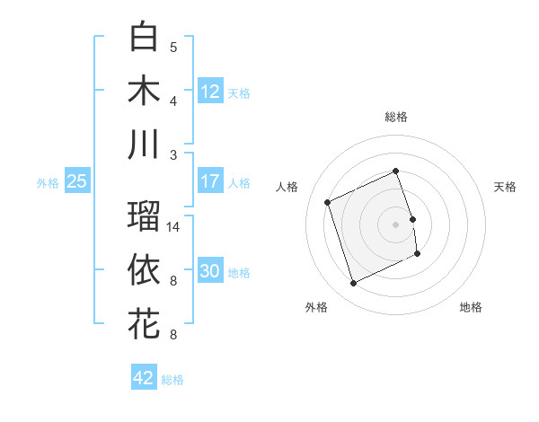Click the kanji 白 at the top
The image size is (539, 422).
coord(144,37)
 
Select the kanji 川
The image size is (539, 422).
coord(144,145)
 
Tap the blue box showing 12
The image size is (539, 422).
coord(210,91)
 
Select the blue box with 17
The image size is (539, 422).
coord(210,181)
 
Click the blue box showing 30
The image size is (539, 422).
coord(210,271)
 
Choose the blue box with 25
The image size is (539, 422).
coord(76,181)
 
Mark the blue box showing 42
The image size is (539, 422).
coord(144,378)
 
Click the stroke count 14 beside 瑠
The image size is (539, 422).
coord(174,227)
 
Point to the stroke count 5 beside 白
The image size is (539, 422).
coord(173,47)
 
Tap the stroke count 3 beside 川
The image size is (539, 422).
coord(173,154)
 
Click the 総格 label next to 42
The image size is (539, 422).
coord(172,380)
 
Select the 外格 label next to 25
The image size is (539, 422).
coord(48,183)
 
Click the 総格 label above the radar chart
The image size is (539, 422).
coord(396,117)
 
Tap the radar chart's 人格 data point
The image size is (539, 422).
coord(328,202)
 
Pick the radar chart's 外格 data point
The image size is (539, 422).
coord(353,284)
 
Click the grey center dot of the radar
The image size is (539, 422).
coord(396,224)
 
